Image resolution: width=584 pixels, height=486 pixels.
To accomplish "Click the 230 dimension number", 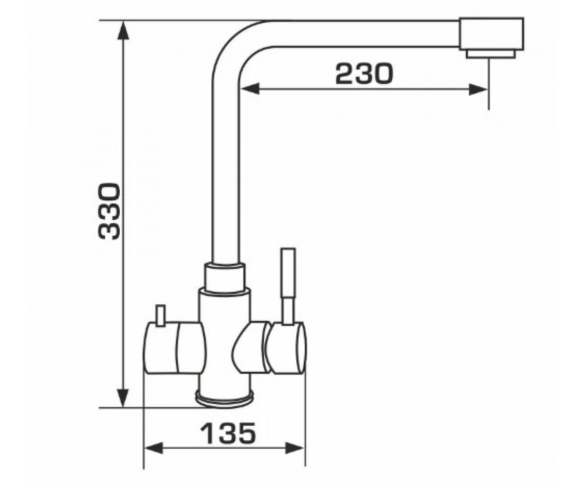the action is click(364, 73).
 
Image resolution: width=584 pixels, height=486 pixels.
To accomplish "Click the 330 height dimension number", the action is click(109, 211).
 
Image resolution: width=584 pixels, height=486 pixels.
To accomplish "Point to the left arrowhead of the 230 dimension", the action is click(250, 89).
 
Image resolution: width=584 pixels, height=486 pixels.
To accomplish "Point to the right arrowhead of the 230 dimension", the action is click(478, 89).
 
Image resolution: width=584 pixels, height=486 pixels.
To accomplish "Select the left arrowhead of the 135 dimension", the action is click(153, 456).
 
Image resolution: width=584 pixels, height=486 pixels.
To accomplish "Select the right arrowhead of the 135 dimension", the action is click(294, 456).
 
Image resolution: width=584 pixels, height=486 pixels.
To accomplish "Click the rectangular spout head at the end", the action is click(492, 34).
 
